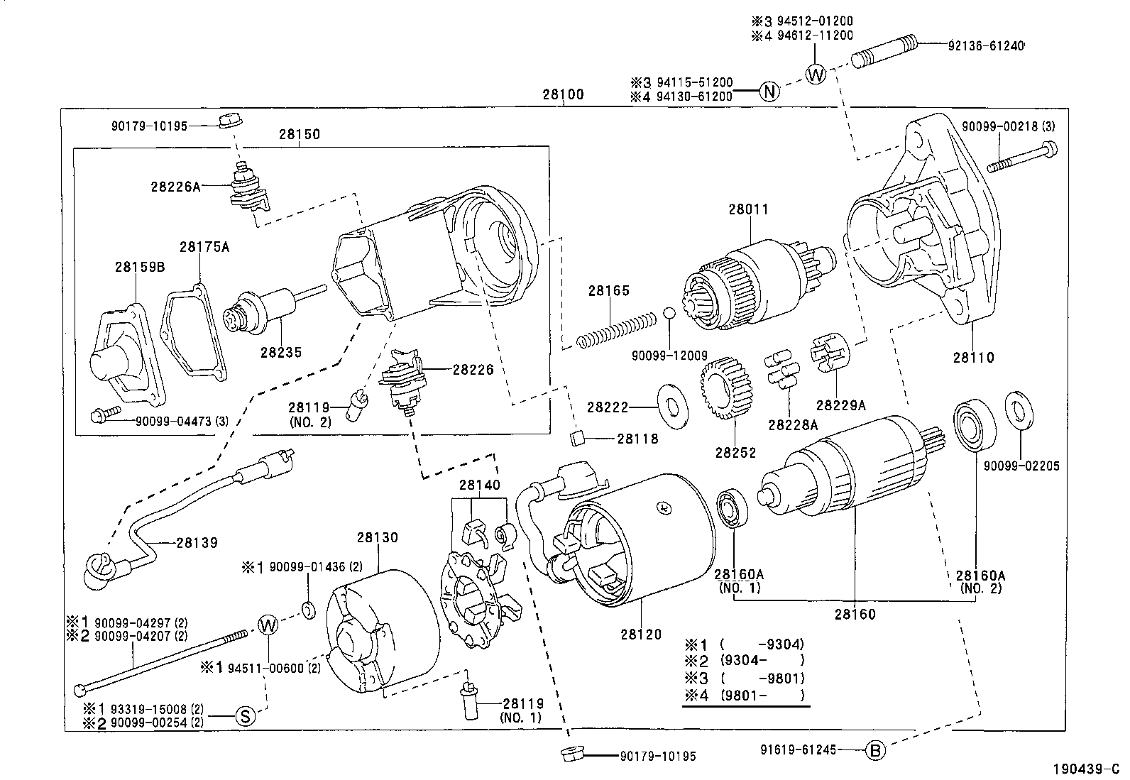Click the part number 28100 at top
pos(563,94)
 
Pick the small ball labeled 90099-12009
pos(669,313)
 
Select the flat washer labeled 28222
pos(673,407)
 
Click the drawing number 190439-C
pos(1085,769)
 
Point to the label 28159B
pos(139,268)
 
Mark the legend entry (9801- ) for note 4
pos(761,696)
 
